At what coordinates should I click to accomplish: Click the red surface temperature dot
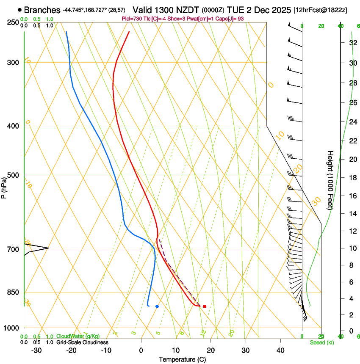point(205,306)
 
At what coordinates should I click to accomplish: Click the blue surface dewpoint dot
point(157,306)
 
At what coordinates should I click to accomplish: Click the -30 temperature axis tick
point(37,350)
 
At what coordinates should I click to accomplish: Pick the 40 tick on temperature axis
point(280,350)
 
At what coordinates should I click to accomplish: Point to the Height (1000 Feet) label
point(330,180)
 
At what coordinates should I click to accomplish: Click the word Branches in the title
point(42,10)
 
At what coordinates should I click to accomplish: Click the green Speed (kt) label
point(321,342)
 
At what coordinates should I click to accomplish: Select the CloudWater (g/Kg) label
point(78,336)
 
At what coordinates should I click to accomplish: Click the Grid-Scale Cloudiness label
point(82,342)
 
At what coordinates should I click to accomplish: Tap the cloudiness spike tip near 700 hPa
point(49,248)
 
